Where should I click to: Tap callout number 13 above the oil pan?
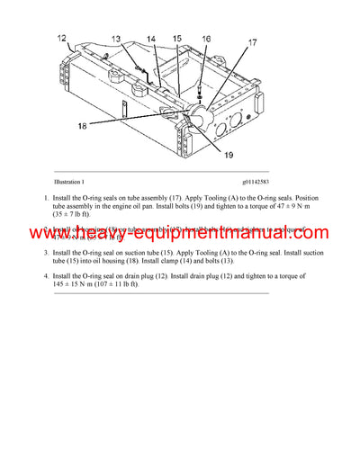pos(117,39)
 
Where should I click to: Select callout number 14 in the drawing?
pos(150,39)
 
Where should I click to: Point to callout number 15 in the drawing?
pos(177,39)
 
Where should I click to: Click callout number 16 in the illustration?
pos(206,39)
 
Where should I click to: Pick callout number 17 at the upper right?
pos(252,42)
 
